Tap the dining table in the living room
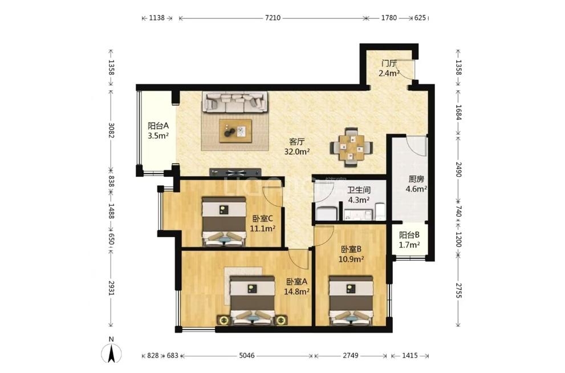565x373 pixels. coord(351,147)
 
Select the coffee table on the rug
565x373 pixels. coord(235,131)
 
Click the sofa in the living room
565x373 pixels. coord(235,102)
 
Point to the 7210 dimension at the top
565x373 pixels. coord(273,18)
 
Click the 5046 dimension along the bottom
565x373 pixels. coord(247,356)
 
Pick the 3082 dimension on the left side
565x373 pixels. coord(111,131)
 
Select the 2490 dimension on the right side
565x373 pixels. coord(458,169)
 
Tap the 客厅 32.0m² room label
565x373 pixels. coord(297,147)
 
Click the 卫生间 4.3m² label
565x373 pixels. coord(359,195)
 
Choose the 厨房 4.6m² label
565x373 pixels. coord(416,184)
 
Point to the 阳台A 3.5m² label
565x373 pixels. coord(158,131)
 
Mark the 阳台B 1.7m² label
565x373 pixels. coord(409,240)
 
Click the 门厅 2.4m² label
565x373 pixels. coord(389,68)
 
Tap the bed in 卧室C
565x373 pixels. coord(223,221)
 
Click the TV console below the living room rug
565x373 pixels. coord(235,172)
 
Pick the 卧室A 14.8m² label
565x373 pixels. coord(297,286)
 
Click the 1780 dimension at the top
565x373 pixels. coord(389,18)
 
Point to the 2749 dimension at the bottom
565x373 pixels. coord(351,356)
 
